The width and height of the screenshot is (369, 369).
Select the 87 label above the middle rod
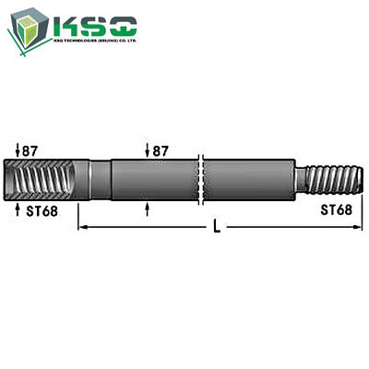point(160,149)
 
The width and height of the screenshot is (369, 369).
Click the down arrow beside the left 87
point(18,149)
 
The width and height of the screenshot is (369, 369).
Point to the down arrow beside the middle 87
point(148,149)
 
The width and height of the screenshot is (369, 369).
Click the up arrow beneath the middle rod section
point(148,208)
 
